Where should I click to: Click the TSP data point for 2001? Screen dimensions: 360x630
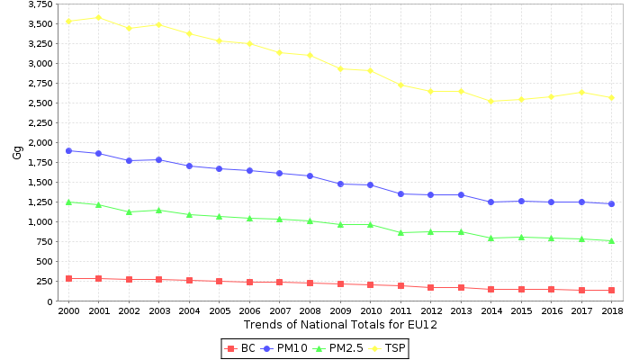[98, 17]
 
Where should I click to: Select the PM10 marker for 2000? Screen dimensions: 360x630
[68, 150]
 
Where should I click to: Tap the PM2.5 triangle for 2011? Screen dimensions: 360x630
[400, 232]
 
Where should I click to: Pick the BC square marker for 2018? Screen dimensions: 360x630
[612, 290]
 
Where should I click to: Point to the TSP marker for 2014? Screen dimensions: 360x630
[491, 101]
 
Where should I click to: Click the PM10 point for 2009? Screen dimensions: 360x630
[340, 184]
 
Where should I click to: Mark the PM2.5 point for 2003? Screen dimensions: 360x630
[158, 210]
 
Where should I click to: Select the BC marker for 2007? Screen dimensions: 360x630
[280, 282]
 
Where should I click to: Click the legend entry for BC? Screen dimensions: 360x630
[241, 348]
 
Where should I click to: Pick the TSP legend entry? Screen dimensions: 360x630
[388, 348]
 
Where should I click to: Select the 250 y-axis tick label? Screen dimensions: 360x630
[43, 281]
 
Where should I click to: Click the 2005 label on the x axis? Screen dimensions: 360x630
[220, 310]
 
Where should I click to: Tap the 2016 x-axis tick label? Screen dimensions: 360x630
[552, 310]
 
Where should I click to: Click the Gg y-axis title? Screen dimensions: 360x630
[17, 152]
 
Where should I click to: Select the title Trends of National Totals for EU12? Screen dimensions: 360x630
[340, 325]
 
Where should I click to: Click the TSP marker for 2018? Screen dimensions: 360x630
[612, 97]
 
